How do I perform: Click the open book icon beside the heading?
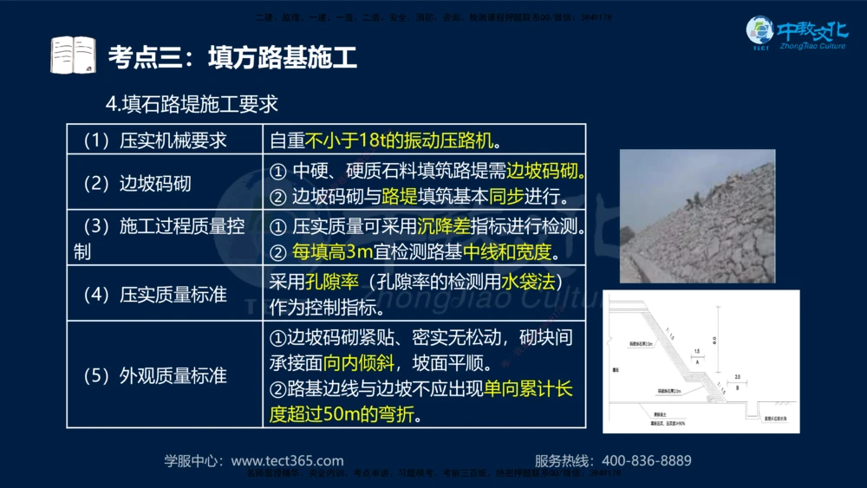pyautogui.click(x=73, y=55)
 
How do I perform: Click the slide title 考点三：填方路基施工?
pyautogui.click(x=232, y=58)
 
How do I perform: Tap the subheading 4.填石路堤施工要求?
pyautogui.click(x=192, y=105)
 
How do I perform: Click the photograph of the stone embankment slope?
pyautogui.click(x=697, y=216)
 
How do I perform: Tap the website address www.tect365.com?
pyautogui.click(x=287, y=460)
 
